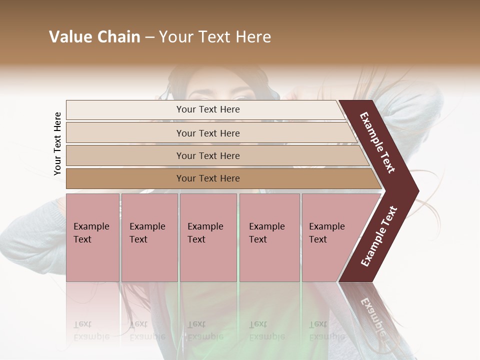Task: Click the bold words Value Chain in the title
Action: pyautogui.click(x=94, y=37)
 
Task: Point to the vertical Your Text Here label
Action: pyautogui.click(x=57, y=143)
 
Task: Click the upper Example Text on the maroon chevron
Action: pyautogui.click(x=377, y=142)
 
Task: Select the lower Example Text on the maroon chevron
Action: pyautogui.click(x=379, y=236)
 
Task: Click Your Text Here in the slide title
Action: pyautogui.click(x=215, y=37)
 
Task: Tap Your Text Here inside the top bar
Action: pyautogui.click(x=208, y=109)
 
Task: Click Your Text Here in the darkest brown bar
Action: pyautogui.click(x=208, y=178)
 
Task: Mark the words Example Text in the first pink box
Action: pyautogui.click(x=91, y=232)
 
